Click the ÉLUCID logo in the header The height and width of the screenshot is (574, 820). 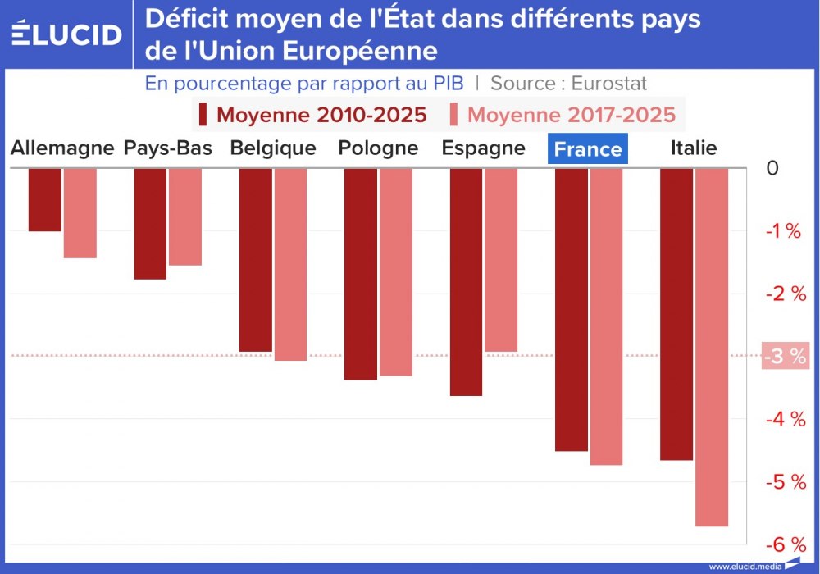coord(67,34)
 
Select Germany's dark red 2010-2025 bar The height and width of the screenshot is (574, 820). coord(45,199)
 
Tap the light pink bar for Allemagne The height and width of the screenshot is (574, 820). coord(80,213)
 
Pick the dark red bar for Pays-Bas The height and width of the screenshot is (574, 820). coord(150,224)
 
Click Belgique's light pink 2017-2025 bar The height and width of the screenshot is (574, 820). coord(290,264)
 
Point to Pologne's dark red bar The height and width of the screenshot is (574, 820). coord(361,274)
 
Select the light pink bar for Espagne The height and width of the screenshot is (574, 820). coord(501,260)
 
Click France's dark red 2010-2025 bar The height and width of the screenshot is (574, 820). coord(572,309)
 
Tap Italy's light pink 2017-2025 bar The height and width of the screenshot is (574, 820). coord(712,347)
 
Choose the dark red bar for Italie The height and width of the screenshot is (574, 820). coord(676,314)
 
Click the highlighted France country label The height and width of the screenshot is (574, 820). coord(588,149)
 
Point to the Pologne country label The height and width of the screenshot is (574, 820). coord(378,148)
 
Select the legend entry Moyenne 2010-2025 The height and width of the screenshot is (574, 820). coord(312,115)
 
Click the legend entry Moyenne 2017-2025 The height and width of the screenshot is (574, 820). coord(563,115)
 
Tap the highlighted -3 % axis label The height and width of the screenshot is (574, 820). coord(785,357)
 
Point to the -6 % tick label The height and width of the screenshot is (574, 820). coord(786,545)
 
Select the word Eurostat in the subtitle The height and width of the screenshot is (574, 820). coord(609,84)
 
